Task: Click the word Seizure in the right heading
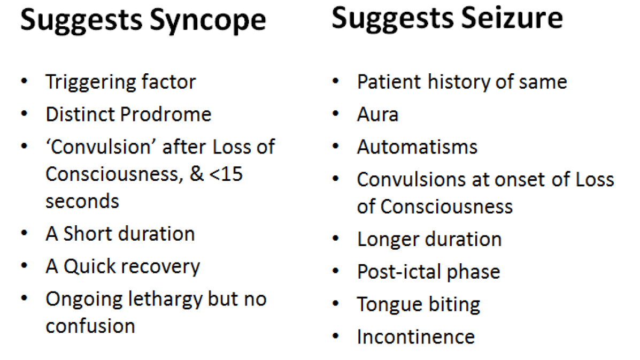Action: point(508,18)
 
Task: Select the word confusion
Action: point(90,326)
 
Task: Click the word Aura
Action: point(377,114)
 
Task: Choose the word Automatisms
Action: point(417,147)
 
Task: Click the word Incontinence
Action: point(415,337)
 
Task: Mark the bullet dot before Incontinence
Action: point(336,337)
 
